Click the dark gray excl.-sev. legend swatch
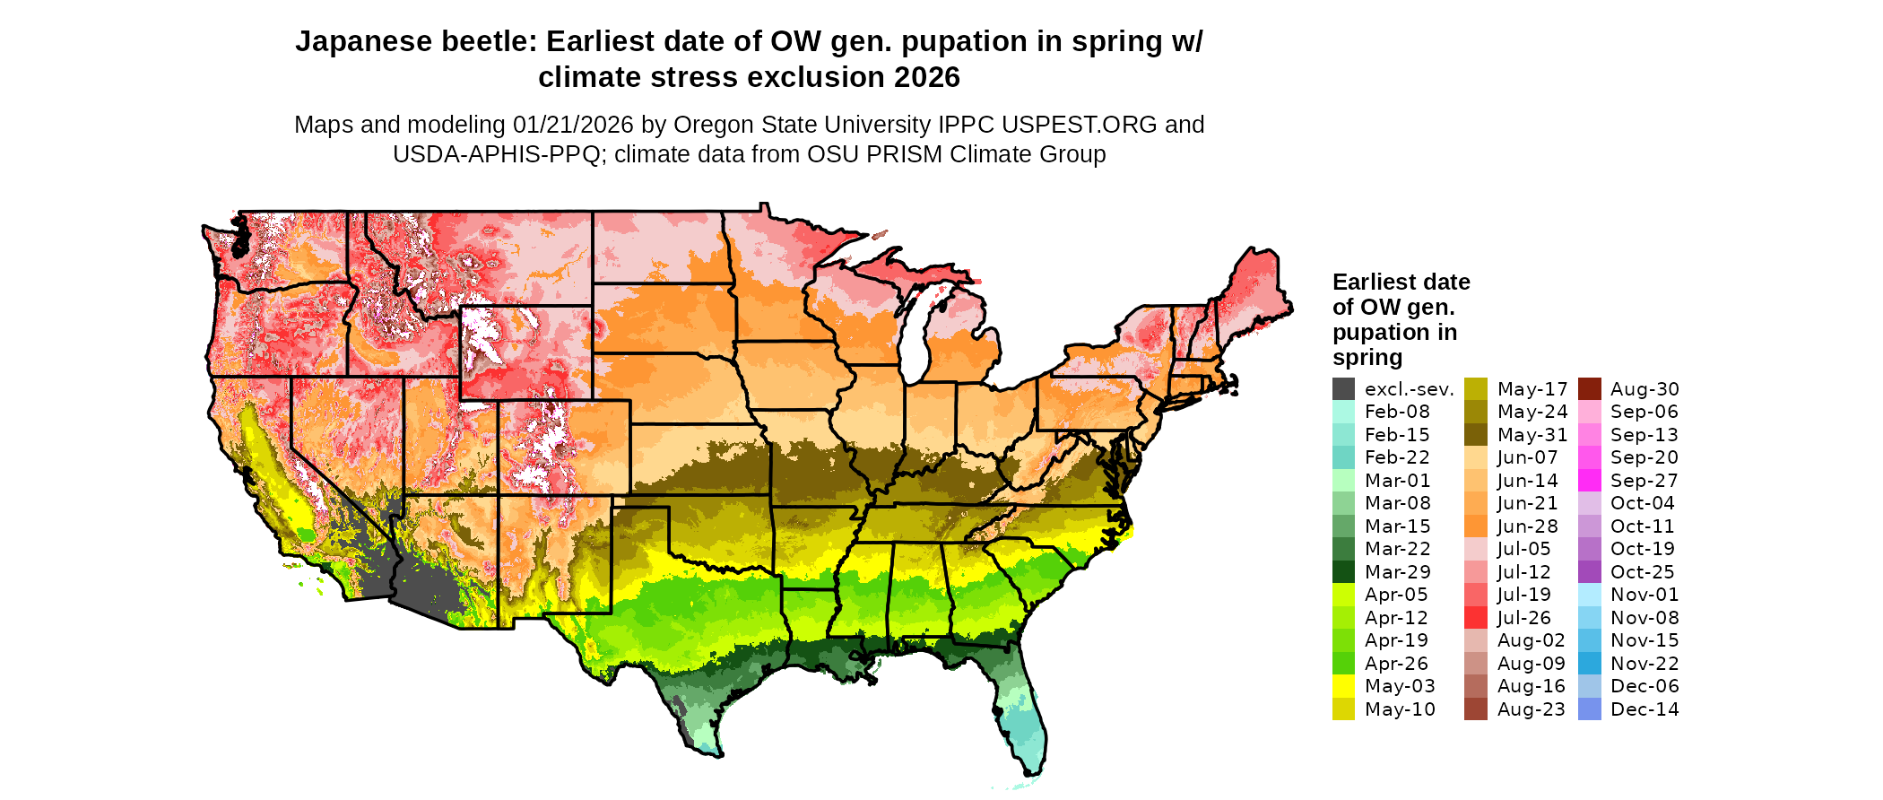point(1343,389)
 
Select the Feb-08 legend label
point(1397,412)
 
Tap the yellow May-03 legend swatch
point(1343,686)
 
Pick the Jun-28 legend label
point(1527,526)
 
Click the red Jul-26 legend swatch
point(1475,618)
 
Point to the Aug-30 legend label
point(1644,389)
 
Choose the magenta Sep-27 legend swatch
point(1589,481)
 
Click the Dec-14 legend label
point(1644,709)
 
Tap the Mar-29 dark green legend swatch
point(1343,572)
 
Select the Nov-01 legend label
point(1644,595)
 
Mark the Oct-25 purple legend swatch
point(1589,572)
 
